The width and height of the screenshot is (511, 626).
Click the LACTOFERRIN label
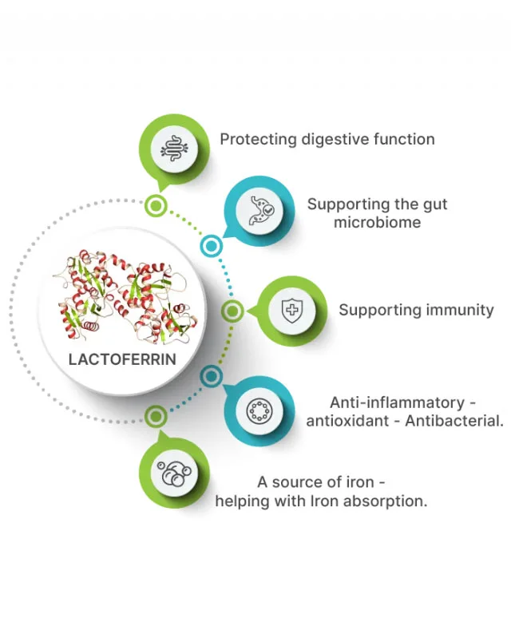[122, 359]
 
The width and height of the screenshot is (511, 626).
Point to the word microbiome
[377, 223]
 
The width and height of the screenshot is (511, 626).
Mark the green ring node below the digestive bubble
[156, 207]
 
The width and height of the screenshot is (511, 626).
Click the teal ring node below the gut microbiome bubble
[212, 247]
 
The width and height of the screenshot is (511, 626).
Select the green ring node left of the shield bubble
[232, 311]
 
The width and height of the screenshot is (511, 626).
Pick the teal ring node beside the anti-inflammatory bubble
[212, 375]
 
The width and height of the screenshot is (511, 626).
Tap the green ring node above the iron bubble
[156, 415]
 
